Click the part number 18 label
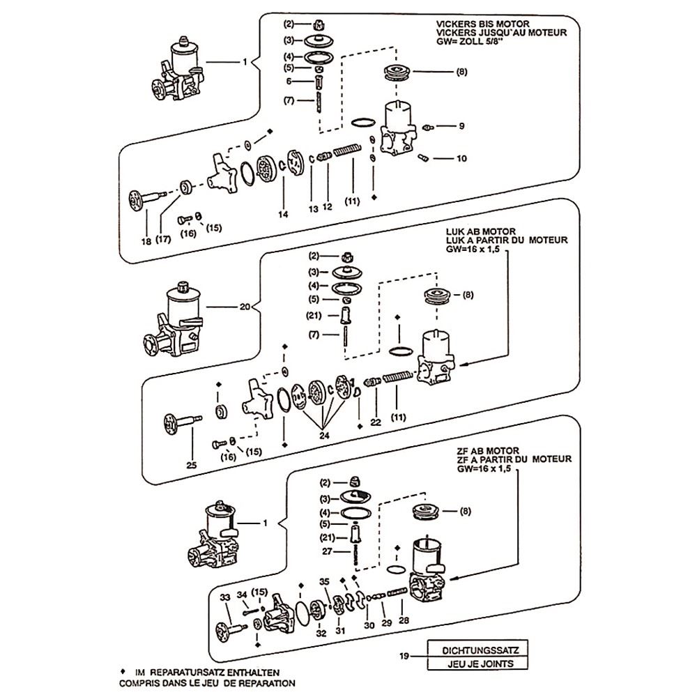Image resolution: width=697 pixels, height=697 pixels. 146,241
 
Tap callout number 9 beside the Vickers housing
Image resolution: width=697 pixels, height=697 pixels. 461,126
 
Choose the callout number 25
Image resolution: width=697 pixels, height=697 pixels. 192,465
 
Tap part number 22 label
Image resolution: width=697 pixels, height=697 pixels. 376,422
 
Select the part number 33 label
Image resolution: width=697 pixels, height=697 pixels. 224,598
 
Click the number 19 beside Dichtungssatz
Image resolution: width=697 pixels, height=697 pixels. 404,656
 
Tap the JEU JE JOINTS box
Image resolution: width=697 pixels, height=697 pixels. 475,664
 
